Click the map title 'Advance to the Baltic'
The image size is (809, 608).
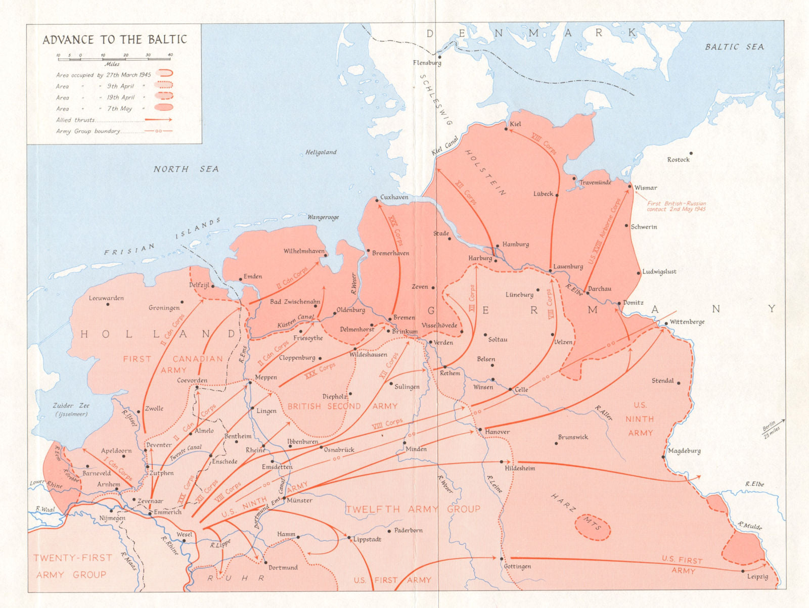[115, 39]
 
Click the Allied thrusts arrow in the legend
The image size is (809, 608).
[158, 120]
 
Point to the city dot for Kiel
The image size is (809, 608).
[506, 129]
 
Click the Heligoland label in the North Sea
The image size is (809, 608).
[321, 152]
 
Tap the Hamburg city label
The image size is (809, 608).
[516, 244]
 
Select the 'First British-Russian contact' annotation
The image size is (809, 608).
[676, 206]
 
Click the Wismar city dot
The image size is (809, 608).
[630, 186]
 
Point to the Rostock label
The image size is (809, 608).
[678, 160]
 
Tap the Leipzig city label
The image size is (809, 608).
[757, 577]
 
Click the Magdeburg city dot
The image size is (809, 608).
[663, 457]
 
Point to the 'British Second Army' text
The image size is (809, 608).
[342, 406]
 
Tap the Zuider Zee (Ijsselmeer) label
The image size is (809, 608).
[70, 409]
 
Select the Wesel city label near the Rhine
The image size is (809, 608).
[184, 534]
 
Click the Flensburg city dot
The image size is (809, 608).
[439, 57]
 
